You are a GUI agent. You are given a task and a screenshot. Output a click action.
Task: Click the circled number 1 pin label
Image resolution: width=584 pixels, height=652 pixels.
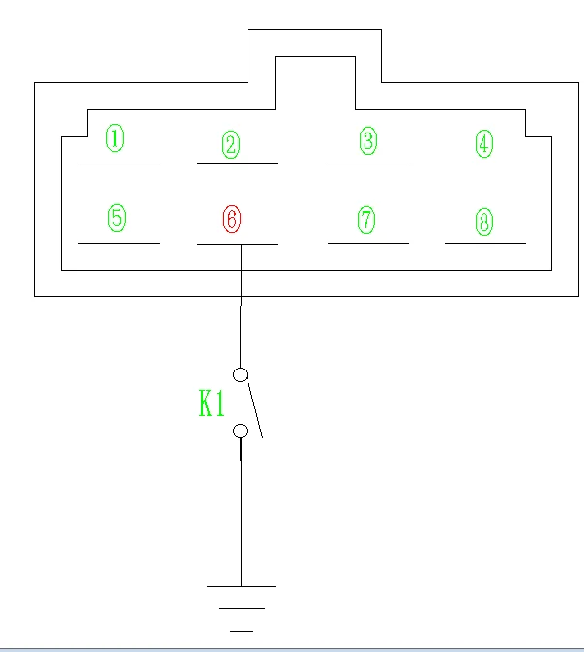pos(115,139)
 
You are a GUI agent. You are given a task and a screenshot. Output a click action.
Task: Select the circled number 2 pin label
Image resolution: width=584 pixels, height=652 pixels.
pos(230,145)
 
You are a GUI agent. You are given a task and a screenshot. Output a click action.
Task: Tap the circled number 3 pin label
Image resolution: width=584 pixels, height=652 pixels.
pos(367,141)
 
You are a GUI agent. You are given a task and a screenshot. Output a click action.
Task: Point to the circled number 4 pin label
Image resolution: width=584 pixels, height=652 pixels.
pos(483,144)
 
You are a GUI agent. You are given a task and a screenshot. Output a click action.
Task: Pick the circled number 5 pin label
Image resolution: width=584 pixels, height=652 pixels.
pos(116,218)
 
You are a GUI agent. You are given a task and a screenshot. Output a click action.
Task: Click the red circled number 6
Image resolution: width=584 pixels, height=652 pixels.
pos(231,219)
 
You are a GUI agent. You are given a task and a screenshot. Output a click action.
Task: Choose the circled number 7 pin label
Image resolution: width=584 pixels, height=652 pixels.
pos(366,220)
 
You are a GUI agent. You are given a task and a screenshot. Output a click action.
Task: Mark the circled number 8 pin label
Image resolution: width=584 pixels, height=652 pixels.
pos(483,222)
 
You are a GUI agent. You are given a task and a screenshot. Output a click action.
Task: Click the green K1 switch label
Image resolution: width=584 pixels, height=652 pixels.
pos(212,404)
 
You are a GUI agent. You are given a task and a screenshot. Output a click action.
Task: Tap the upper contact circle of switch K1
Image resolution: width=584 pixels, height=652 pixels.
pos(241,374)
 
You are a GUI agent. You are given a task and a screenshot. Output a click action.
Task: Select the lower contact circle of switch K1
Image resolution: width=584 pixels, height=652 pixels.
pos(241,430)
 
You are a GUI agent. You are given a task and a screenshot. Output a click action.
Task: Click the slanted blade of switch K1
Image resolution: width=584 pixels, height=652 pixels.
pos(253,407)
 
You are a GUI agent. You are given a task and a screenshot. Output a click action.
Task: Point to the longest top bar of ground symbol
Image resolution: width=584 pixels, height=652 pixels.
pos(241,586)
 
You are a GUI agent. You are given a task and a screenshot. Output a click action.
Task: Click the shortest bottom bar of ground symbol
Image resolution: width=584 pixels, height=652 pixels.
pos(242,631)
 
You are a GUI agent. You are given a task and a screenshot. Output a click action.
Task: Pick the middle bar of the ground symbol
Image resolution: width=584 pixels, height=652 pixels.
pos(242,608)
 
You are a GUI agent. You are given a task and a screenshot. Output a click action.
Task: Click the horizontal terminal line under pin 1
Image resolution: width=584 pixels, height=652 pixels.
pos(118,163)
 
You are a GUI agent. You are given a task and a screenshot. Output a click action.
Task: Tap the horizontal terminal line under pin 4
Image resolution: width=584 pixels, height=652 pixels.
pos(484,163)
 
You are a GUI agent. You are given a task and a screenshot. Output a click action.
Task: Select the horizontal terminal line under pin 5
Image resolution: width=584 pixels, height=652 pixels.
pos(118,243)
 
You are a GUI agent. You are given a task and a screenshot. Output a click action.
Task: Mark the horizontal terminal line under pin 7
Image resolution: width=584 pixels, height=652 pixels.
pos(367,243)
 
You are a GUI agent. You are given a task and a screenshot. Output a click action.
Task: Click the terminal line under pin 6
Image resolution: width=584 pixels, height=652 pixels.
pos(237,244)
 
